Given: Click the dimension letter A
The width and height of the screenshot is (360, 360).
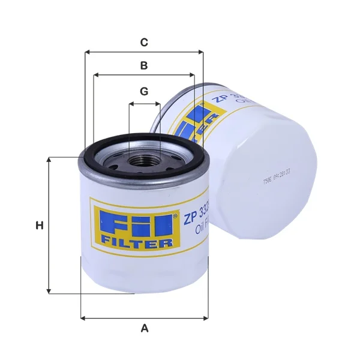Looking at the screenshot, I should [144, 328].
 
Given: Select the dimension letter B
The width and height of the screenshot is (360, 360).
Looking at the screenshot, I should [144, 65].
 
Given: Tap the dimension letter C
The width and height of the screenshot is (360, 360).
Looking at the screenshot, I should [144, 43].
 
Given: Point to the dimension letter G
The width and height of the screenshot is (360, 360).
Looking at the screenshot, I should [144, 92].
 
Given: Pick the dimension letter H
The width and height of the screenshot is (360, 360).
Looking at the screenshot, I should [39, 226].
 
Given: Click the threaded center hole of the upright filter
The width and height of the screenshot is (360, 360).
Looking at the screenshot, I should [143, 161].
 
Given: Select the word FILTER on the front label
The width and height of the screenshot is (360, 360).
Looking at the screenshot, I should [136, 242].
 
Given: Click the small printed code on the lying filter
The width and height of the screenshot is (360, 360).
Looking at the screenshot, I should [277, 177].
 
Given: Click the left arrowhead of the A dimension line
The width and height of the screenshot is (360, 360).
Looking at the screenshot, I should [82, 317].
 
